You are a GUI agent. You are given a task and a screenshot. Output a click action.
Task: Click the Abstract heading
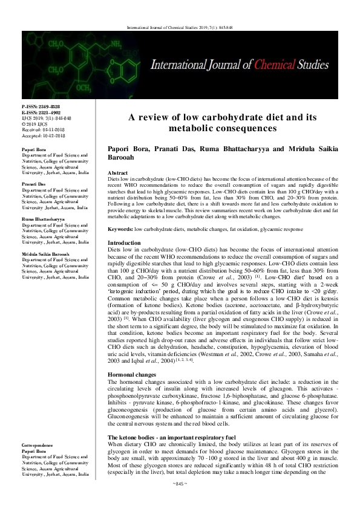(x=118, y=156)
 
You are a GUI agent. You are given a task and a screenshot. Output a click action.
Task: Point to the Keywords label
(x=120, y=213)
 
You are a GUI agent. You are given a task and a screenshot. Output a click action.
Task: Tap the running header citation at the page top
(x=179, y=28)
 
